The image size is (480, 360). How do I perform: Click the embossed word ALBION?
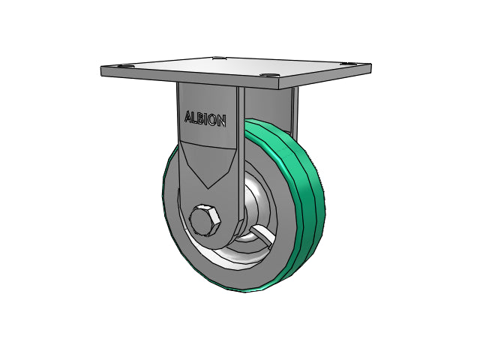click(x=205, y=118)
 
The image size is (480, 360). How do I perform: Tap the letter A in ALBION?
click(x=188, y=117)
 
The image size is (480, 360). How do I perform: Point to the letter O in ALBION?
click(x=213, y=120)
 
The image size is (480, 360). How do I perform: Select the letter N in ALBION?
click(x=222, y=121)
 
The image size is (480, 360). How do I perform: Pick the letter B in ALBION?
click(x=201, y=118)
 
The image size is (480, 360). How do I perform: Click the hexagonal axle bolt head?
click(x=205, y=220)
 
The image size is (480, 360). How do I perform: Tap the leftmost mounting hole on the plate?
click(x=126, y=67)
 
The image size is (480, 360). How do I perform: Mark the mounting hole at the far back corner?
click(x=218, y=58)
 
